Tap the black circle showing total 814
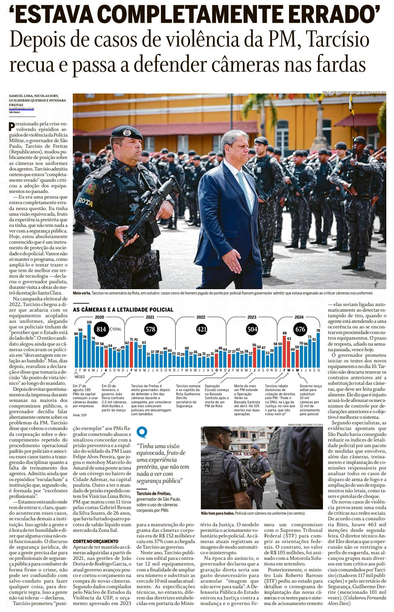[101, 329]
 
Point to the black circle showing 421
[202, 329]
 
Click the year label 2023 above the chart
[252, 317]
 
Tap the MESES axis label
[79, 377]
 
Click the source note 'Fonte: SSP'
[79, 415]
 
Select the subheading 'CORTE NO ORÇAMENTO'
[96, 541]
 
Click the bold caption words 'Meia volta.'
[82, 293]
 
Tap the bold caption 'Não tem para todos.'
[217, 513]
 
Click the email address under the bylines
[21, 109]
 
